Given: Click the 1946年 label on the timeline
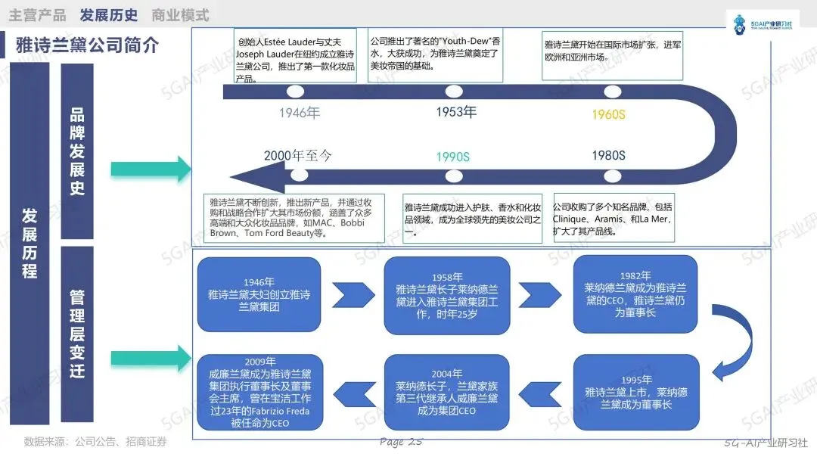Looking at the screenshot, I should pyautogui.click(x=300, y=113).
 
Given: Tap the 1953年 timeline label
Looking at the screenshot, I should pyautogui.click(x=456, y=113).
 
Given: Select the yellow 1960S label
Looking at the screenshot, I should pyautogui.click(x=608, y=114).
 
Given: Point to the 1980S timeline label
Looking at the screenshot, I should pyautogui.click(x=608, y=156).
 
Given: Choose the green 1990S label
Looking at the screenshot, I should pyautogui.click(x=452, y=157).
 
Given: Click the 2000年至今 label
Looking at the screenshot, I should pyautogui.click(x=298, y=156).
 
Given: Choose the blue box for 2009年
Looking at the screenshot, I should pyautogui.click(x=260, y=392).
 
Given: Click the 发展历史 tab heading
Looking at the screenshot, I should pyautogui.click(x=109, y=15).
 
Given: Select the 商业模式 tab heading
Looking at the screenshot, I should pyautogui.click(x=180, y=15).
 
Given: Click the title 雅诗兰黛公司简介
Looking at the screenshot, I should pyautogui.click(x=88, y=45).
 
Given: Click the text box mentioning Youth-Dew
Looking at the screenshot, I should pyautogui.click(x=436, y=53).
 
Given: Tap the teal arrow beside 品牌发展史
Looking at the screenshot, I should pyautogui.click(x=151, y=169).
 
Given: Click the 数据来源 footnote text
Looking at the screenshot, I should pyautogui.click(x=95, y=442).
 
